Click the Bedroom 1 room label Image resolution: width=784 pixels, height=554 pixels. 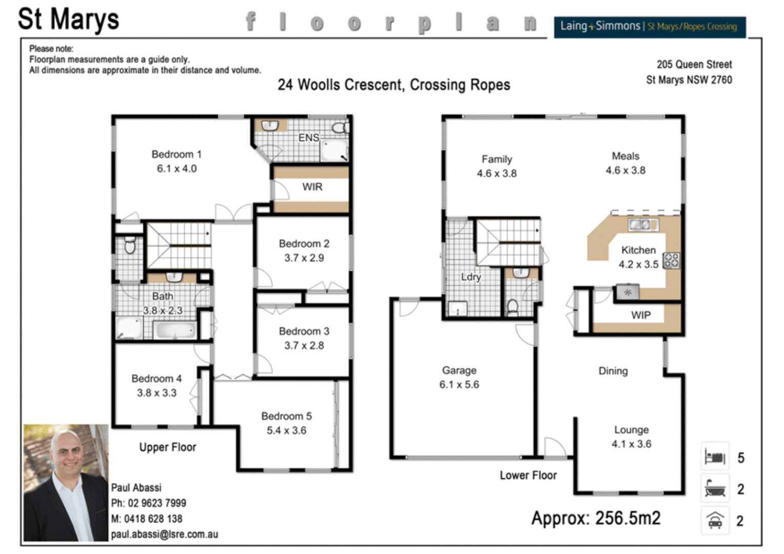(177, 154)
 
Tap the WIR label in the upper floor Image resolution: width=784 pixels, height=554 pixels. (312, 187)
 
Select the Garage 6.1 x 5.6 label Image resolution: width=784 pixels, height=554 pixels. (459, 378)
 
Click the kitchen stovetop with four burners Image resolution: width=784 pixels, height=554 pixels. (672, 261)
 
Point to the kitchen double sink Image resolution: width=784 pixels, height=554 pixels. (643, 224)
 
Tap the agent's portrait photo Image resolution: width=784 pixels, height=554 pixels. (66, 482)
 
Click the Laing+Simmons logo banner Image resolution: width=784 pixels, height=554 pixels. (649, 27)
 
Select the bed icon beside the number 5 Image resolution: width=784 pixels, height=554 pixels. (715, 457)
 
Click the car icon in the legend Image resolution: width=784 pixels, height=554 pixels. (715, 521)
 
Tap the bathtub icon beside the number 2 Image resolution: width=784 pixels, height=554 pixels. (715, 489)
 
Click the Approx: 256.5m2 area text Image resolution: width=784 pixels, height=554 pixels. (596, 518)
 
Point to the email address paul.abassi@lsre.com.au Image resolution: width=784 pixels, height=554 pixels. (164, 535)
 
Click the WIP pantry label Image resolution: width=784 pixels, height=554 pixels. (640, 315)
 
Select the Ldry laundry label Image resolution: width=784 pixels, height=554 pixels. (471, 277)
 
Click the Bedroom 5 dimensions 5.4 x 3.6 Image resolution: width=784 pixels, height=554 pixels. (286, 431)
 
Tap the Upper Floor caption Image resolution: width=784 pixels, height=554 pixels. (168, 447)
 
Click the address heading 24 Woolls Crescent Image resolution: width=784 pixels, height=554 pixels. (394, 85)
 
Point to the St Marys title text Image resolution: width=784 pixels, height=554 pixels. (68, 19)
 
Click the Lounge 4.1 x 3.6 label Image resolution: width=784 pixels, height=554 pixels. (631, 437)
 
